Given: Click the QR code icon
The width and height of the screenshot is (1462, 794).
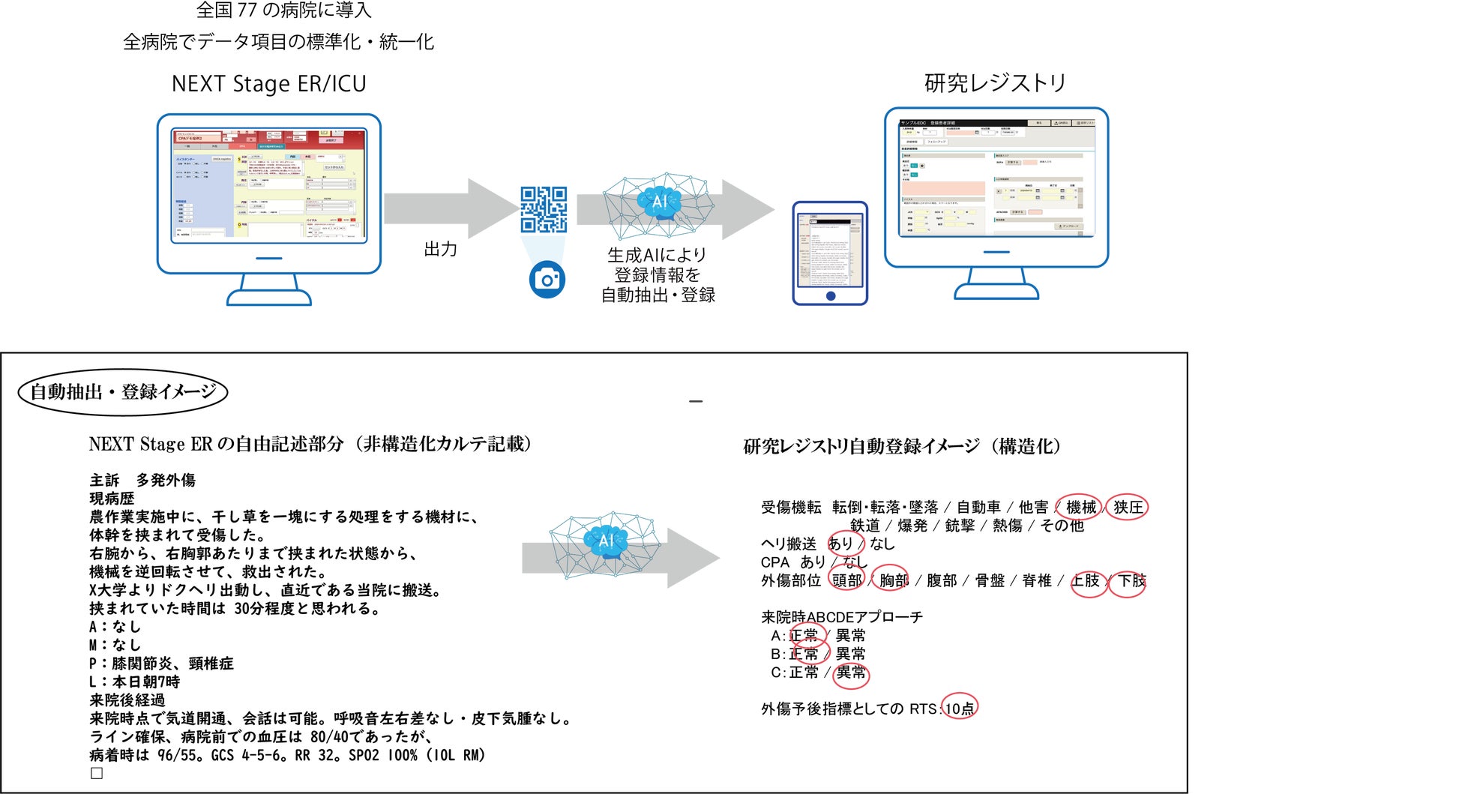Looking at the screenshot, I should point(544,209).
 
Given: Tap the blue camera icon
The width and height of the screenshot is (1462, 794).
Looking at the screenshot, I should point(547,280).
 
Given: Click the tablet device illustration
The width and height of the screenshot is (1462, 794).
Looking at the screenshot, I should point(830,253).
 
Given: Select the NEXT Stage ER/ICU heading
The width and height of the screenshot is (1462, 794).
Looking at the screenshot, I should point(268,83).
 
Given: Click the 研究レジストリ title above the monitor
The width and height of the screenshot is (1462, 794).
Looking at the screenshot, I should point(995,83).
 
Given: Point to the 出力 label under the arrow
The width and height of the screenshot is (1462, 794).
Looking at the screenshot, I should point(440,249).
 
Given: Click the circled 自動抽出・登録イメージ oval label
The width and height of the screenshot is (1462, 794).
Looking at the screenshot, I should point(122,391).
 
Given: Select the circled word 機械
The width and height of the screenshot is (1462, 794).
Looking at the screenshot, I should point(1080,508).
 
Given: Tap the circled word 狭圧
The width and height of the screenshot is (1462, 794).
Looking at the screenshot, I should point(1128,508).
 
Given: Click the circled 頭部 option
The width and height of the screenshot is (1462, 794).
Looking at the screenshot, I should point(846,580).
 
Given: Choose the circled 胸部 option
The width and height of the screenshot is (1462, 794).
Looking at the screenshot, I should point(893,580).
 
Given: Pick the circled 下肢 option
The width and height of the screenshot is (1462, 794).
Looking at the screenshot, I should point(1131,580).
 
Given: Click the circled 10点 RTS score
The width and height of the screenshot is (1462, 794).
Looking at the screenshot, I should point(959,709).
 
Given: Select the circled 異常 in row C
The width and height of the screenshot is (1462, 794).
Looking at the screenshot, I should point(850,673).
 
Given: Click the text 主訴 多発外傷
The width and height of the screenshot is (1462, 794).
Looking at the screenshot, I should point(142,480).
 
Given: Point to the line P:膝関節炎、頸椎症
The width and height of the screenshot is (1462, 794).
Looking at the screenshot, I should point(161,664).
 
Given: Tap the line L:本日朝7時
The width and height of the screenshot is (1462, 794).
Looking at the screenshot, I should point(134,682).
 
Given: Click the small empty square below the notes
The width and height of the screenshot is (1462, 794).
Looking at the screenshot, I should point(97,773).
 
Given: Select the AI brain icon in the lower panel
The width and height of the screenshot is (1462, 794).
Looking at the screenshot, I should point(606,541).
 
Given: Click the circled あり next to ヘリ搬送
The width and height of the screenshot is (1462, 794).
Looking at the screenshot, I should point(840,544).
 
